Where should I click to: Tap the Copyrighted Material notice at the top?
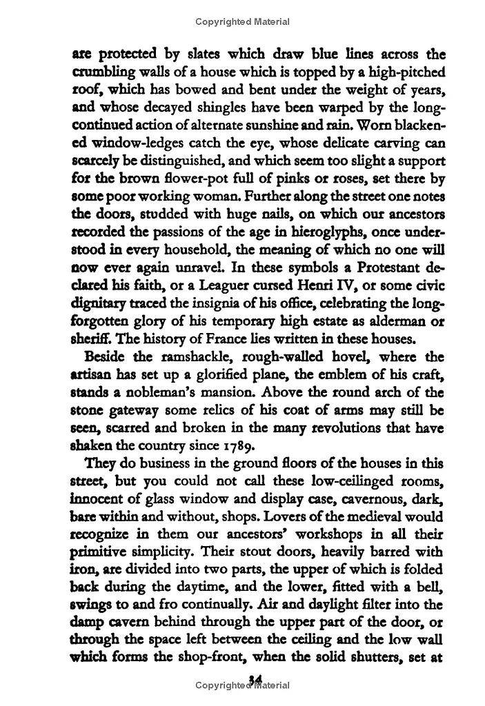(242, 21)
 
